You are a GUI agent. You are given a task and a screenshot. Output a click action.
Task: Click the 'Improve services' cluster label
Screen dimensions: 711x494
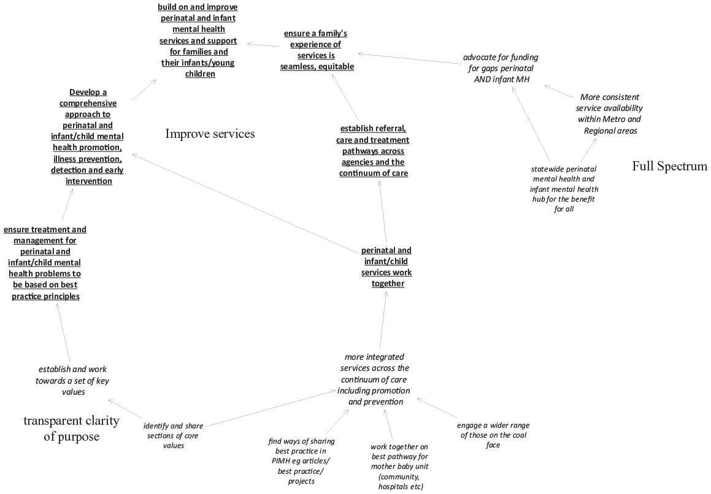210,134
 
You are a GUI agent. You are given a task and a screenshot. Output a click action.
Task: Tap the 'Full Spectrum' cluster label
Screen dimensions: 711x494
670,166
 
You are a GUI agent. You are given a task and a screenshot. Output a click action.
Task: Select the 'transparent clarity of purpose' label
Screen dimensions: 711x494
72,428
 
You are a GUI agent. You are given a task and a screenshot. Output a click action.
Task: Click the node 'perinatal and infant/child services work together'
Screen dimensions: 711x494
387,267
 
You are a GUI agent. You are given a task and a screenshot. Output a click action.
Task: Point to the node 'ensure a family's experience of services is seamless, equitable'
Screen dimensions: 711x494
317,50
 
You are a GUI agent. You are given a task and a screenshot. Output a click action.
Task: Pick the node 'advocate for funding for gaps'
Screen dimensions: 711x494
501,68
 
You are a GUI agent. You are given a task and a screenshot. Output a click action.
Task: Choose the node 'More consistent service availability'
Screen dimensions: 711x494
609,114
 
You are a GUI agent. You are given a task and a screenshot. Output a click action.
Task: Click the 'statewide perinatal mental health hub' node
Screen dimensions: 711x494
564,189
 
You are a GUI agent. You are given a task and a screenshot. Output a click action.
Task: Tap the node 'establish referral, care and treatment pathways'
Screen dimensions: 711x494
373,151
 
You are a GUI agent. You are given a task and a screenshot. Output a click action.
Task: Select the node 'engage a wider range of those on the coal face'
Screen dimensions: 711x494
493,435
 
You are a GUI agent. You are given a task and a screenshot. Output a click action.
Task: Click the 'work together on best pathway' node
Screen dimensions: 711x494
399,466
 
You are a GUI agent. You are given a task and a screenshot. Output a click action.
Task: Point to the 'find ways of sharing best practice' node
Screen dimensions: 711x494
302,461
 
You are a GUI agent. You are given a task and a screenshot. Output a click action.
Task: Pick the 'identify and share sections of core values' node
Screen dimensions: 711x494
173,436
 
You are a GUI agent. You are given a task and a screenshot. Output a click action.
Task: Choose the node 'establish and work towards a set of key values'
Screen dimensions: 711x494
72,381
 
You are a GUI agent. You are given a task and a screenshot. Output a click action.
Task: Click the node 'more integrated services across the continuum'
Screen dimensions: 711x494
374,379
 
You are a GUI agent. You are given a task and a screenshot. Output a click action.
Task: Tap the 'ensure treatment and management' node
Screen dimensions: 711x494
45,263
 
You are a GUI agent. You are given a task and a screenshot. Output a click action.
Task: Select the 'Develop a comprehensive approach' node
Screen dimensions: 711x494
88,137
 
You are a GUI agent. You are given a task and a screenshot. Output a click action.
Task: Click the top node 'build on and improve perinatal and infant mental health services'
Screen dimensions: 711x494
198,40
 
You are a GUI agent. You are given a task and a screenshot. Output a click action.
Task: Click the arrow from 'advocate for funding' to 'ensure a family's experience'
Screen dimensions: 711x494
409,58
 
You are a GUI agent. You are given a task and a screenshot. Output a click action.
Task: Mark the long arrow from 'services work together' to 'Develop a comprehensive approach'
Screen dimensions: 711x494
245,204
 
